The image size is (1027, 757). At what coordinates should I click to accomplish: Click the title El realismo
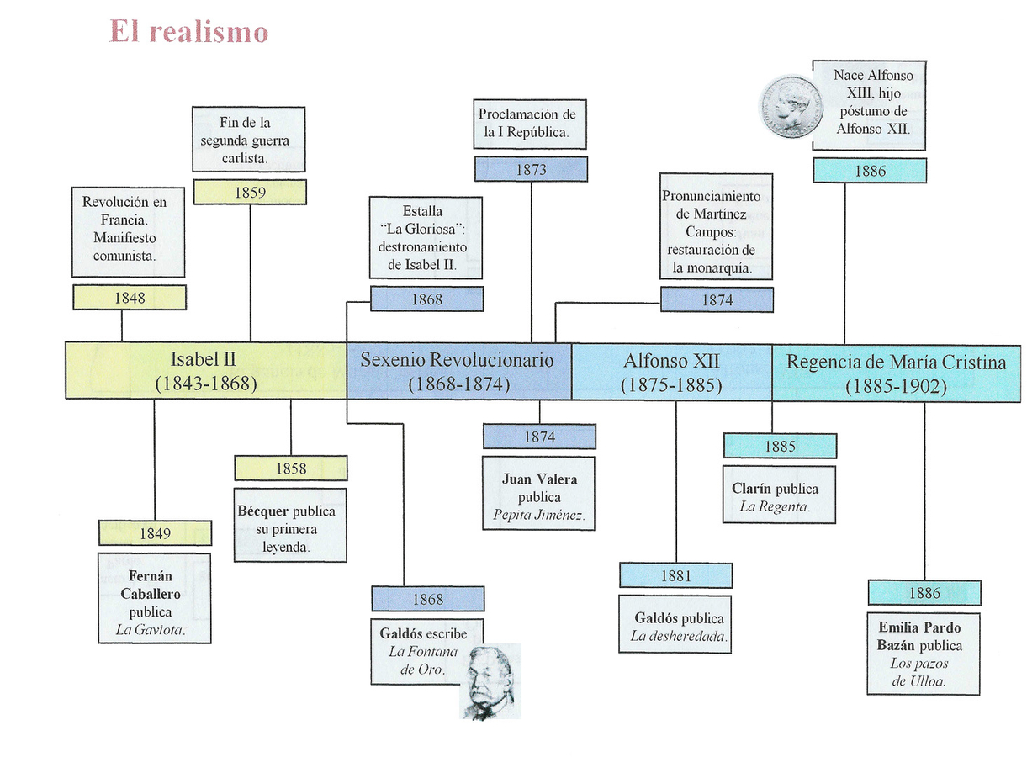point(188,32)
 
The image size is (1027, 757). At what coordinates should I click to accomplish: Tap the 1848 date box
point(130,298)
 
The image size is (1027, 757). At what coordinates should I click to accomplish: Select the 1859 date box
point(250,193)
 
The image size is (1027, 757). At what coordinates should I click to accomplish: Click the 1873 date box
point(531,170)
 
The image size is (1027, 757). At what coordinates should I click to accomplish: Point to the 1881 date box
point(675,576)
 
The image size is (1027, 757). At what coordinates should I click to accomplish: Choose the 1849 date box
point(155,533)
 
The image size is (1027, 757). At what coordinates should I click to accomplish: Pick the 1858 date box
point(290,468)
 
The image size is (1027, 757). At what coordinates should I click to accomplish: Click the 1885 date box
point(780,447)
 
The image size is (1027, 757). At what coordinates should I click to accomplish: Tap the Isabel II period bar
point(206,371)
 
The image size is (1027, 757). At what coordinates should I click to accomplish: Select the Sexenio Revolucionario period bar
point(458,371)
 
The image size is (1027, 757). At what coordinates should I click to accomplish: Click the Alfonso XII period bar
point(671,371)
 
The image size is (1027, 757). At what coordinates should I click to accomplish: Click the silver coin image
point(791,107)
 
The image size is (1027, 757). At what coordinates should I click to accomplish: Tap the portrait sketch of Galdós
point(491,682)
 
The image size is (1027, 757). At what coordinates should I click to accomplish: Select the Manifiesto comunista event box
point(129,231)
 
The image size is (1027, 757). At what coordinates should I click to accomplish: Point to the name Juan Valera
point(539,479)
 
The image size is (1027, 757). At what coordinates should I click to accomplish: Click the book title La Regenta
point(774,506)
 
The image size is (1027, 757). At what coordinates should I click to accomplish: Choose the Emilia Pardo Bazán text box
point(924,653)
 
